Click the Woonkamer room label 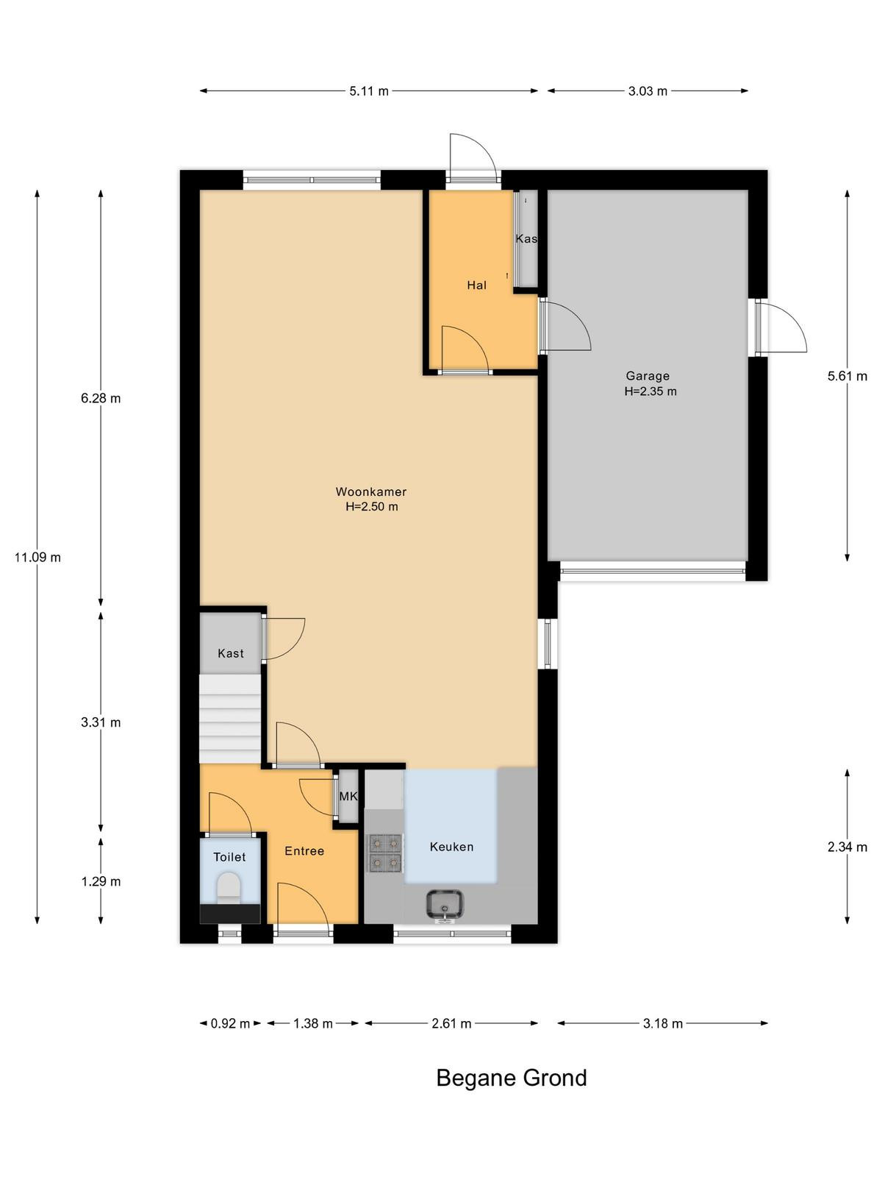pos(370,491)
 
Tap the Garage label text pos(648,376)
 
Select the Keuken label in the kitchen pos(451,847)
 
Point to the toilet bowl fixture pos(229,887)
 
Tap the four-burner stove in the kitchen pos(384,853)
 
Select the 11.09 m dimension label pos(37,557)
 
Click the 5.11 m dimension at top pos(369,91)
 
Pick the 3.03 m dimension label pos(648,91)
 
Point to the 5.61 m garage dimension pos(847,376)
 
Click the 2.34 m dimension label pos(847,847)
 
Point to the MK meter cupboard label pos(348,797)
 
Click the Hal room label pos(476,285)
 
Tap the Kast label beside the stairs pos(231,653)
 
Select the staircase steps pos(230,719)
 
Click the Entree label pos(304,851)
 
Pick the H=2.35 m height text pos(650,391)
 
